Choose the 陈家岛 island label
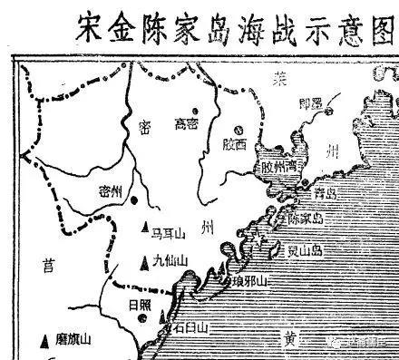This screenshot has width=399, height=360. pyautogui.click(x=305, y=218)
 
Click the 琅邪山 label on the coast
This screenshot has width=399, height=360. pyautogui.click(x=250, y=281)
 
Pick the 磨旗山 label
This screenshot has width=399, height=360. pyautogui.click(x=73, y=340)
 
